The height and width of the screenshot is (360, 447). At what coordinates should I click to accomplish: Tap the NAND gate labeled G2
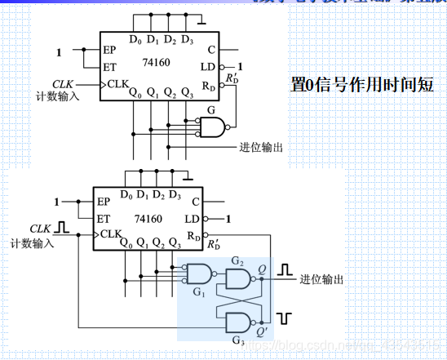239,280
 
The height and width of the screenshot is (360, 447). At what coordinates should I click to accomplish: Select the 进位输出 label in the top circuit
261,147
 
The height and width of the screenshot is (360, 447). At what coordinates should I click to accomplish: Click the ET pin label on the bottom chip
104,218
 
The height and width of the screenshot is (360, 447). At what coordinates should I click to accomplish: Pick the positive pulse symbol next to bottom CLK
64,226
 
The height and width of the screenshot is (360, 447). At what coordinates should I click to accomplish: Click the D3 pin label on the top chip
188,39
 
